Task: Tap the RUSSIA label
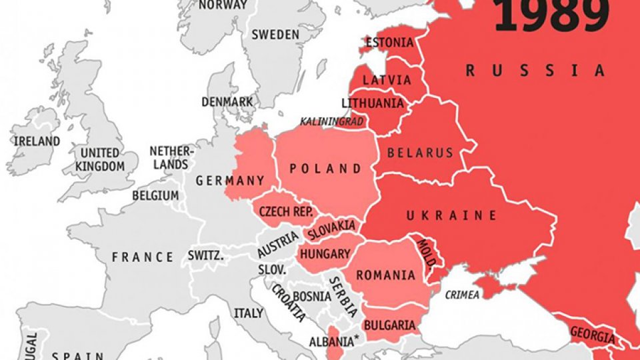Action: click(535, 70)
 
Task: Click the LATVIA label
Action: click(387, 80)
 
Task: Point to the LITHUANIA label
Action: click(373, 103)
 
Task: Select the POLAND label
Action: click(325, 169)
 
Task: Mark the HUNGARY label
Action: click(325, 254)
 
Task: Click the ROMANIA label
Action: click(386, 275)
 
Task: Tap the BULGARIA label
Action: click(389, 325)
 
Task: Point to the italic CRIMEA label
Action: click(461, 293)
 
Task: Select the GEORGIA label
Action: click(592, 337)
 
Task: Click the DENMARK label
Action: click(228, 102)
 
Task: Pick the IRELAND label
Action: click(36, 141)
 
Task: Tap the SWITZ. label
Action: click(205, 255)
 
